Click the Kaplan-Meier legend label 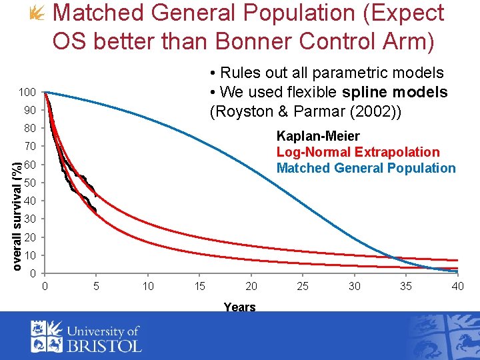[x=318, y=136]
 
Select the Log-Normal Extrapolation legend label [x=358, y=152]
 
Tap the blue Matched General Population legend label [x=366, y=168]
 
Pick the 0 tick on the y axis [x=33, y=273]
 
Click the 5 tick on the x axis [x=97, y=287]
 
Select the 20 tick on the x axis [x=251, y=287]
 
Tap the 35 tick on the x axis [x=405, y=287]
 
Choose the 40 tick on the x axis [x=457, y=287]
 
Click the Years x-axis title [x=239, y=307]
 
